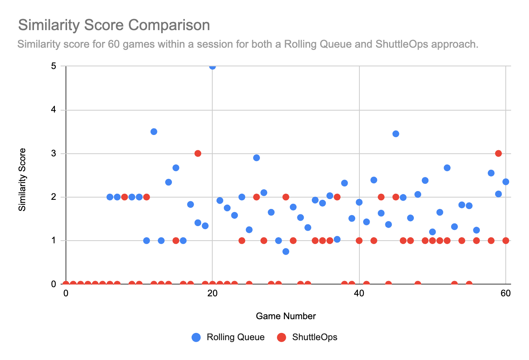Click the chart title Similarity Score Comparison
coord(114,25)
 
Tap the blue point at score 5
coord(212,66)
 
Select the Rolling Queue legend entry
coord(228,337)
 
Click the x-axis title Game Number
coord(286,316)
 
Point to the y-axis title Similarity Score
coord(22,180)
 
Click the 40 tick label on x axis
coord(359,294)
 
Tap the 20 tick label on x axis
coord(212,294)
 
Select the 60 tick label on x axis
coord(506,294)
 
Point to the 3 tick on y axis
coord(54,154)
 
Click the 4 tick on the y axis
coord(54,110)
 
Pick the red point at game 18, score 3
coord(198,153)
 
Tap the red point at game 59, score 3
coord(498,153)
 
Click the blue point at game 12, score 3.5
coord(154,132)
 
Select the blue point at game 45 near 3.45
coord(396,134)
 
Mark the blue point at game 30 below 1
coord(286,251)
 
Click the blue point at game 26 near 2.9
coord(256,158)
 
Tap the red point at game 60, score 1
coord(506,241)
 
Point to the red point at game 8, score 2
coord(124,197)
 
